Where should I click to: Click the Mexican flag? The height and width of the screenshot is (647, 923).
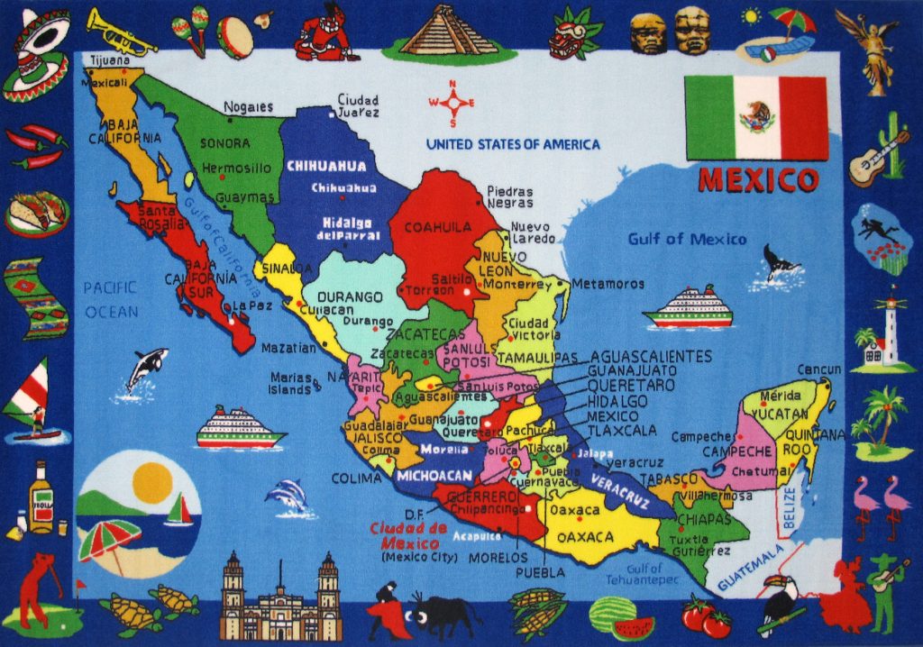point(755,117)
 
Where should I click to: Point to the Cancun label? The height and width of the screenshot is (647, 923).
point(818,369)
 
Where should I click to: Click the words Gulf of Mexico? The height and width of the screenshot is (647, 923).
point(688,239)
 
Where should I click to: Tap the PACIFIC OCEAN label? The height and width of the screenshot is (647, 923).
point(111,299)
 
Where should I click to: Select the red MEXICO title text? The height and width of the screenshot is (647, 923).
point(758,179)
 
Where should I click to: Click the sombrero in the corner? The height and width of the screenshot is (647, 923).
point(36,54)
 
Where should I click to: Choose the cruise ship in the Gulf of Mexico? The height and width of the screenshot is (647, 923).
point(688,308)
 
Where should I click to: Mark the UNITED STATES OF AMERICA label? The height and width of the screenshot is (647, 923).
point(512,144)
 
